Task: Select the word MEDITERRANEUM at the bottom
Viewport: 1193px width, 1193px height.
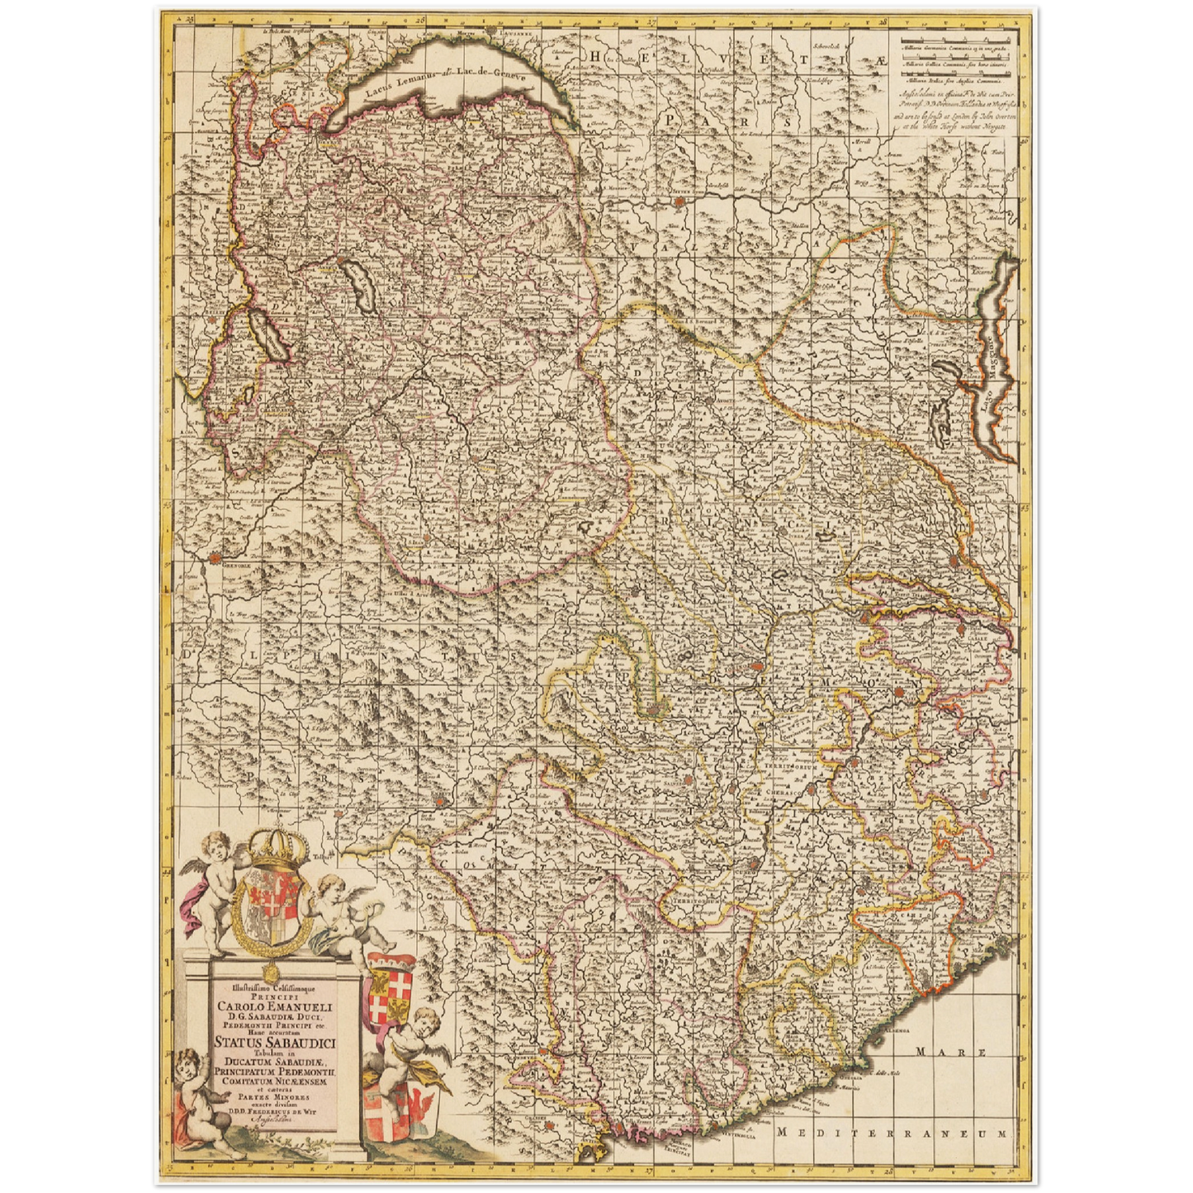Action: [894, 1134]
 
